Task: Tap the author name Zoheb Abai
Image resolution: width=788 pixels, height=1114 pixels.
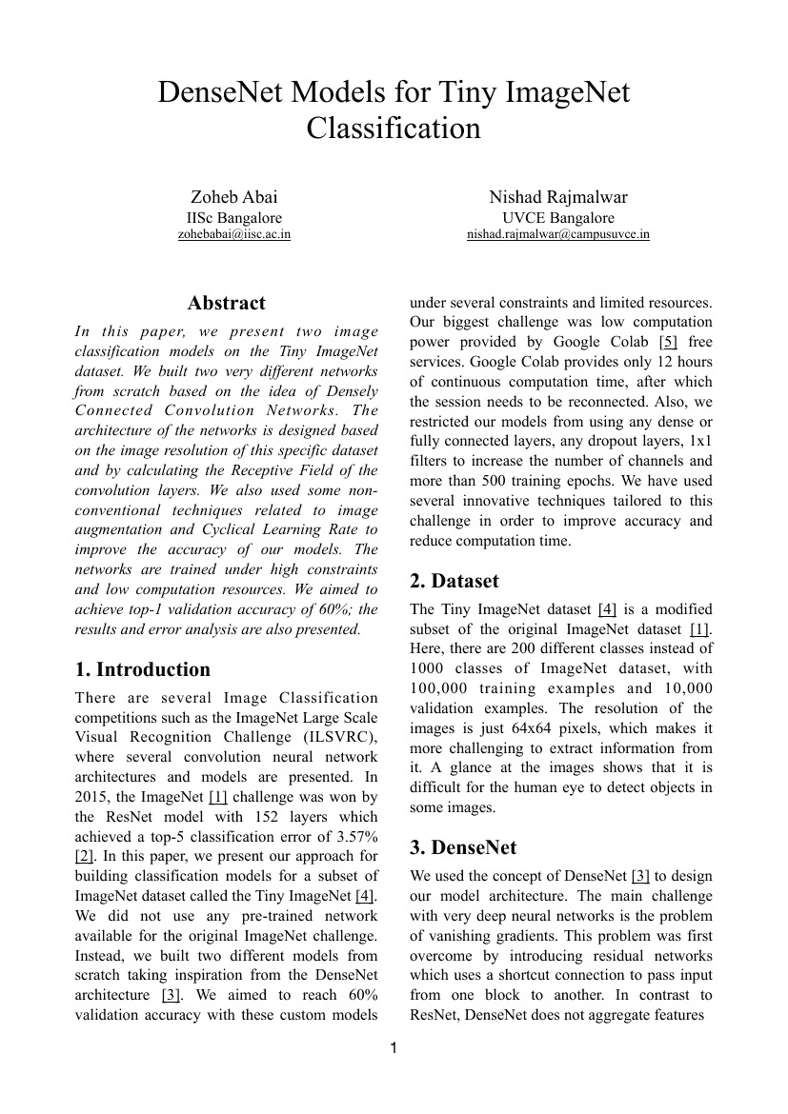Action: (x=234, y=197)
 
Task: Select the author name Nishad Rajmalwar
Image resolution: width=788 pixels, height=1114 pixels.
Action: (x=558, y=197)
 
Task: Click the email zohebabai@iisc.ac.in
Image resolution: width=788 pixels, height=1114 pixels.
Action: (x=234, y=234)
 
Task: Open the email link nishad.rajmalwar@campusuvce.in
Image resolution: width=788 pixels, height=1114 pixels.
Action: (x=558, y=234)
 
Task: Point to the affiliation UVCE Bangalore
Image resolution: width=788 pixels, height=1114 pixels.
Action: (x=558, y=217)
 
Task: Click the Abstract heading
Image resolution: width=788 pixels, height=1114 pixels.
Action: (x=227, y=304)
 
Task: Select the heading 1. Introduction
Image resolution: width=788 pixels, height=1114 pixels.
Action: (x=143, y=669)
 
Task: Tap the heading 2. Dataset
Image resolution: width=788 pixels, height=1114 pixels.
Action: (x=455, y=581)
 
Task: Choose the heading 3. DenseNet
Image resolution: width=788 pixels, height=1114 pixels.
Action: (x=465, y=847)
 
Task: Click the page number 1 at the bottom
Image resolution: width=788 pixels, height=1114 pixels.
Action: (x=394, y=1049)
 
